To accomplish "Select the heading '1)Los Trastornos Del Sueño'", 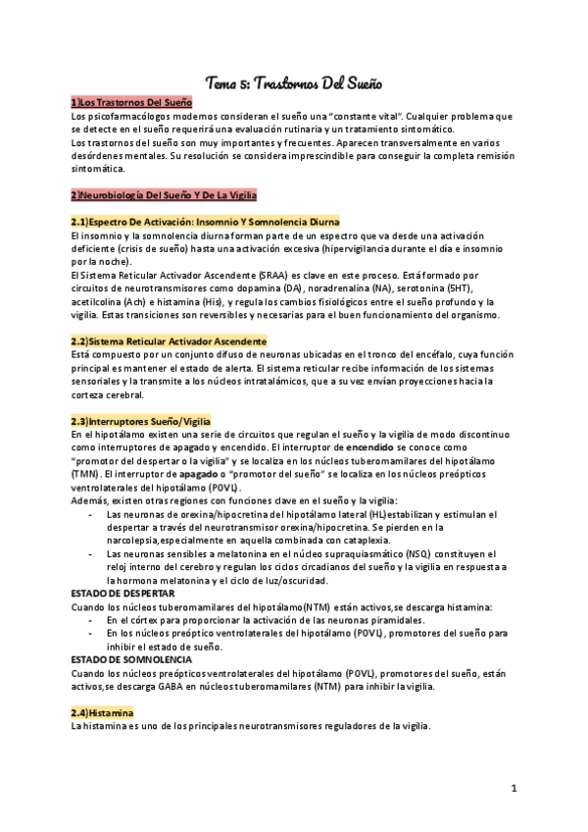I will (x=131, y=102).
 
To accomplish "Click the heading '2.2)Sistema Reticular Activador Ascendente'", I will (x=169, y=341).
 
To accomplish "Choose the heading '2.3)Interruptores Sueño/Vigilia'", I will (x=140, y=421).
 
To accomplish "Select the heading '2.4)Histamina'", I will (x=102, y=712).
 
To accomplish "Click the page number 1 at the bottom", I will (x=514, y=788).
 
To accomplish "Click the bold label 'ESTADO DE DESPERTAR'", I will (x=123, y=594).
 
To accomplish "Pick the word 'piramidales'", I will (x=396, y=620).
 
